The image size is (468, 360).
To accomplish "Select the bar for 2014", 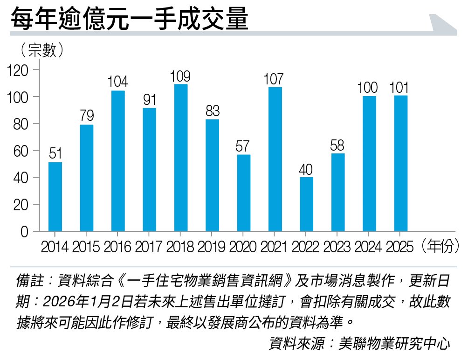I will click(55, 196).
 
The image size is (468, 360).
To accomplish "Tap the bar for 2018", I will click(181, 158).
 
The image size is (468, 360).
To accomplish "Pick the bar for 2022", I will click(306, 204).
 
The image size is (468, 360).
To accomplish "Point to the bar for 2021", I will click(275, 159).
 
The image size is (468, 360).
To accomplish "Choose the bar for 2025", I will click(400, 163).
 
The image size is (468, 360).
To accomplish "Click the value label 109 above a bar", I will click(181, 76).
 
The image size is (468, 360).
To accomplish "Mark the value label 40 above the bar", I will click(306, 170).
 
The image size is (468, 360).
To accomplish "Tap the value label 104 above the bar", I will click(118, 83).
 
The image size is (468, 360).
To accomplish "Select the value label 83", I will click(212, 111).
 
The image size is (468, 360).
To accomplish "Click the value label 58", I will click(337, 145).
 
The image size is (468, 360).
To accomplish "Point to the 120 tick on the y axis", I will click(18, 70).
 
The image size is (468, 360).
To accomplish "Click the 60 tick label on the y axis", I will click(21, 151).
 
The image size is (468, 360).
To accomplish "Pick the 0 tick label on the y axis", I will click(24, 232).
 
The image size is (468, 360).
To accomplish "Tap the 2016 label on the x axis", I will click(118, 247).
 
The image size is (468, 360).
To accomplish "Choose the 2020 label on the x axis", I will click(243, 247).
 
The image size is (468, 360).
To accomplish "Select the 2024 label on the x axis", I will click(369, 247).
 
